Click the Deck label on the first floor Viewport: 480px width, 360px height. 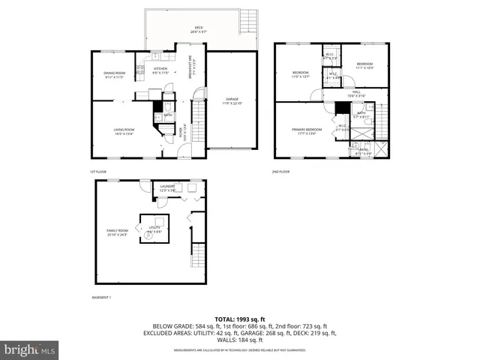[197, 29]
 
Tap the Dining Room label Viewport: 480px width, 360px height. [115, 74]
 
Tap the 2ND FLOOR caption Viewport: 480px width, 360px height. [280, 172]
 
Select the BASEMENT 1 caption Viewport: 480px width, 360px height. [101, 298]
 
